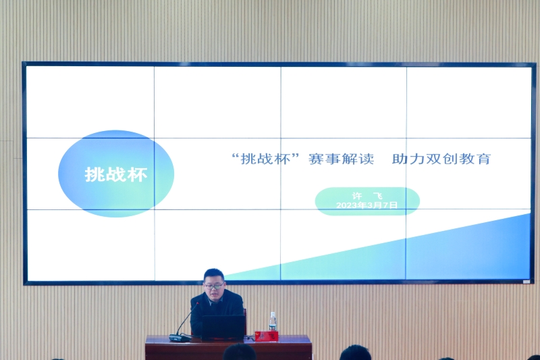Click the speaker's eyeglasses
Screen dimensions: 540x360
(x=214, y=286)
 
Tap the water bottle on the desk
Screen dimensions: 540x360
(x=273, y=322)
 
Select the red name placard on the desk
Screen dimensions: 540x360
(x=267, y=336)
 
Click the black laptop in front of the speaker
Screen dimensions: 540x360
(x=223, y=328)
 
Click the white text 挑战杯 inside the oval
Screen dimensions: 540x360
(x=116, y=174)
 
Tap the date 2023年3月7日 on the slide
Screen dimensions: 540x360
(x=367, y=205)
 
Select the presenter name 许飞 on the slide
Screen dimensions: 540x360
(x=367, y=196)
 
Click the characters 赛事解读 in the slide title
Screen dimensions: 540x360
(x=342, y=159)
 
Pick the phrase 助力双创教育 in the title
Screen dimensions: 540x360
(x=441, y=159)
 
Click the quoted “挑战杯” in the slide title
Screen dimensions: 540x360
(x=266, y=159)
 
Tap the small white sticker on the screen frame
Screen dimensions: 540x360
(x=526, y=282)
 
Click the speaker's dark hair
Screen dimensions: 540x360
(x=214, y=275)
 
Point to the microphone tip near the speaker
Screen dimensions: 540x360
(x=197, y=303)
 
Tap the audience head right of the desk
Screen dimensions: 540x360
(x=355, y=353)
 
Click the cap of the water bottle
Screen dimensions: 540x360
(x=273, y=313)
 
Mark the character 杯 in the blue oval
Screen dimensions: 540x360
(x=138, y=174)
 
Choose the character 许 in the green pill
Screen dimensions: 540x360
(x=356, y=196)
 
